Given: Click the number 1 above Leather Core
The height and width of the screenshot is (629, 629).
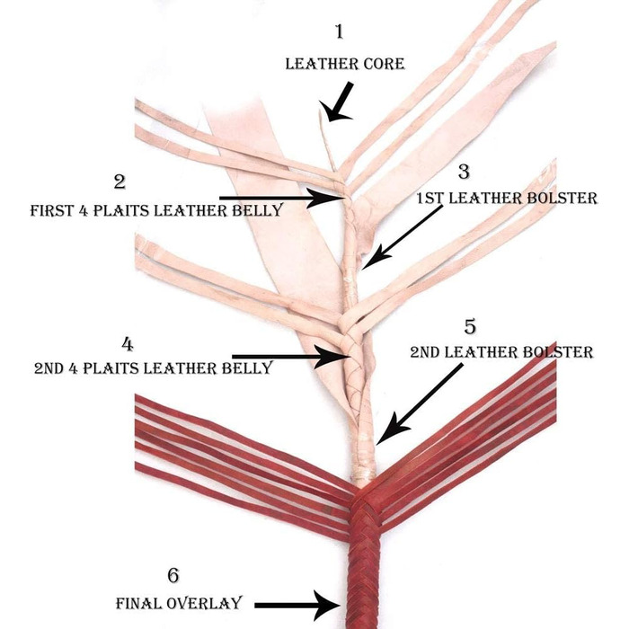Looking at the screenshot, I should [x=339, y=33].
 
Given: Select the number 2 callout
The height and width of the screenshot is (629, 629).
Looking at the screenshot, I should [x=120, y=182].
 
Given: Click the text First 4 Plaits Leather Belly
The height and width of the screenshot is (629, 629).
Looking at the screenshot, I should [x=156, y=210].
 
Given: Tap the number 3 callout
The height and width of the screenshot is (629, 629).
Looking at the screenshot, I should [x=464, y=170].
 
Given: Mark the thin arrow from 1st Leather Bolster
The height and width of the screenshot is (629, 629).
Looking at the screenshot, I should [x=404, y=235].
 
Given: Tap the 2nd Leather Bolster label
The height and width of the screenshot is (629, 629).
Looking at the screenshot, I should [x=502, y=352].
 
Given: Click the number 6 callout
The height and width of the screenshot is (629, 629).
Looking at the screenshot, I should [x=173, y=574].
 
